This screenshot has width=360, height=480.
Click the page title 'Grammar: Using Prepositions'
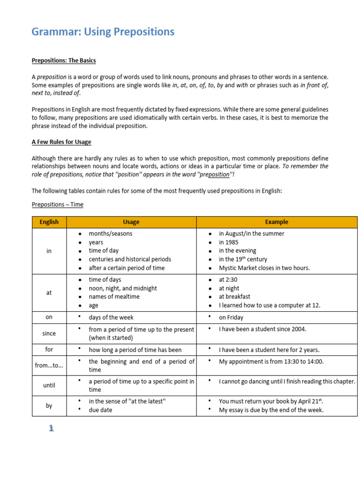[103, 32]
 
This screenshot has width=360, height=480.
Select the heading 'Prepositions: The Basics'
[64, 60]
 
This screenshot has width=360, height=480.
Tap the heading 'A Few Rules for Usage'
[61, 142]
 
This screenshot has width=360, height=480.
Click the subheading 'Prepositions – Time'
[57, 204]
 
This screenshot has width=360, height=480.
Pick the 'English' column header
[49, 222]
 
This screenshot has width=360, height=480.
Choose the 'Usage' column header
[131, 222]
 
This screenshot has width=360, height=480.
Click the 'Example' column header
[277, 222]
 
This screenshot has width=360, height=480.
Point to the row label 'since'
[49, 333]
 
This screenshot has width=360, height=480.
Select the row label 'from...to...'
[49, 365]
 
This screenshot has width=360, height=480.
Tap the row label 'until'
[49, 385]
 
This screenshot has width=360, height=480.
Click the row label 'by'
[49, 405]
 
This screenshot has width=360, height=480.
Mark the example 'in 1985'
[229, 242]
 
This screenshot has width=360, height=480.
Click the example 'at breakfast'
[234, 297]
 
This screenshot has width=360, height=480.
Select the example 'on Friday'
[231, 317]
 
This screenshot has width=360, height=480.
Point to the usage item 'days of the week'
[111, 317]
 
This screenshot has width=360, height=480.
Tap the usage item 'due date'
[100, 410]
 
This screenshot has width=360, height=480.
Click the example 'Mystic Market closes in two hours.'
[264, 268]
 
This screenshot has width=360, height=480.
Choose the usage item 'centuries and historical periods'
[130, 259]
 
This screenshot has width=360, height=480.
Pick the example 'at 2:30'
[229, 280]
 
